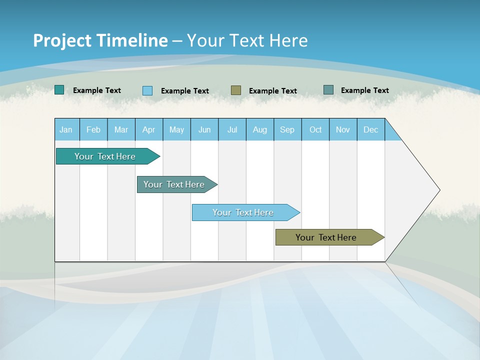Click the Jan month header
pos(66,129)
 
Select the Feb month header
pos(93,129)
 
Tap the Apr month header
pos(148,129)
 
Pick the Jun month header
pos(204,129)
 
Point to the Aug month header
pos(259,129)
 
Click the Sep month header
pos(287,129)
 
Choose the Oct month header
pos(315,129)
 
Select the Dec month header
pos(370,129)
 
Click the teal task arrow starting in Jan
pos(105,156)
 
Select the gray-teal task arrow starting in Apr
pos(174,184)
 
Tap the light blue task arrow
pos(243,212)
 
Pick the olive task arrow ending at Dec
pos(326,237)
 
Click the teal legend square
pos(59,90)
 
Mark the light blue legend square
pos(147,90)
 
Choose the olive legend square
pos(236,90)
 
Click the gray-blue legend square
pos(328,90)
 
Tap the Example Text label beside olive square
pos(273,91)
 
